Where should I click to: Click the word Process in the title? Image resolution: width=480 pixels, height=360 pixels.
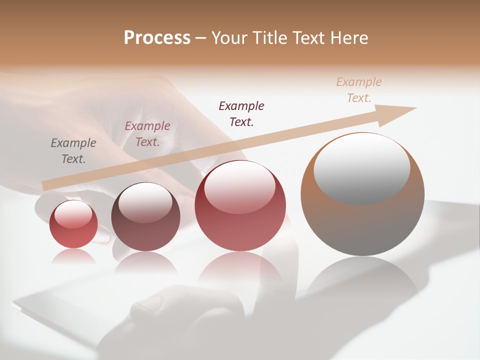157,38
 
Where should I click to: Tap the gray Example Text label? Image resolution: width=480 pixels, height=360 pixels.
73,151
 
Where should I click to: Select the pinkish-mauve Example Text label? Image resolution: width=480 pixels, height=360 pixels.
147,134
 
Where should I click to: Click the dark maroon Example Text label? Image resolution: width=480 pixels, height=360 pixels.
241,113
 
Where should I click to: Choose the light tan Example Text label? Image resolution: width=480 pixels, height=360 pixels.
359,89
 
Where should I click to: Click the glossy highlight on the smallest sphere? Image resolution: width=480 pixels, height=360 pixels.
73,214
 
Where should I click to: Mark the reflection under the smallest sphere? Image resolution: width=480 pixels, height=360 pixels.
73,256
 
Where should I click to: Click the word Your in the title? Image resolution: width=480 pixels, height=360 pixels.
230,38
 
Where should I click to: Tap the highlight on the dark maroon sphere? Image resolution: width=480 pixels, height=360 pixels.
145,202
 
